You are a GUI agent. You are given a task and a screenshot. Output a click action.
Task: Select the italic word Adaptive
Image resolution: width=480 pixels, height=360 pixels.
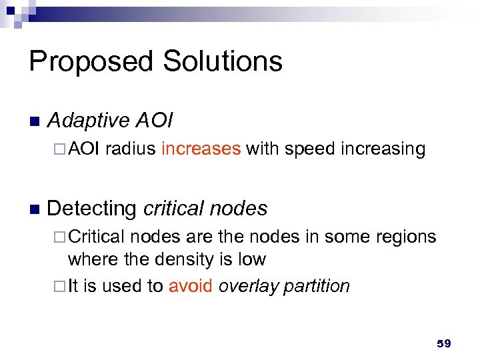point(89,121)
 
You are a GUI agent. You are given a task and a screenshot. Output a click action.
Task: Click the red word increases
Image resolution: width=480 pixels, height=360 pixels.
point(201,149)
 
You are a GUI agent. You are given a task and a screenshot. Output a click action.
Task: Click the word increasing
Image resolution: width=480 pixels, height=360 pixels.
point(382,149)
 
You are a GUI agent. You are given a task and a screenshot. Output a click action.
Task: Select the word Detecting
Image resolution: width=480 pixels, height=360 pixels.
point(91,209)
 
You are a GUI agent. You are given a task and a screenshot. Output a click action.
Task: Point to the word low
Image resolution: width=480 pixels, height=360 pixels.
point(251,259)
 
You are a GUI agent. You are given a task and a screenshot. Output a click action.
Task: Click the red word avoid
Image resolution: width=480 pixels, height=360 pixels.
point(191,286)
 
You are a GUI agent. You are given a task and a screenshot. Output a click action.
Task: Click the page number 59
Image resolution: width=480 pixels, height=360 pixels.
point(443,343)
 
